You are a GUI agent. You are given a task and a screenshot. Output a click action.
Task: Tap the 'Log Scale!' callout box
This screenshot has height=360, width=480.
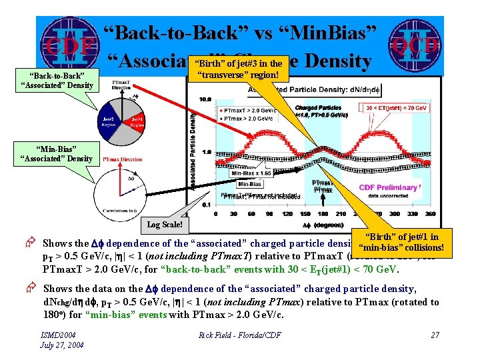165,225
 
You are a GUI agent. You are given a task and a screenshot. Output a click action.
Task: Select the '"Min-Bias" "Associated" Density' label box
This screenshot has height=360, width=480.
65,153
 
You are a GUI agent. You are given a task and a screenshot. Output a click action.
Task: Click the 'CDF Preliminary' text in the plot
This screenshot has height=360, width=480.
387,187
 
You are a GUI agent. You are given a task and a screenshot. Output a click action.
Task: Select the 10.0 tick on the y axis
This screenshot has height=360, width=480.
207,99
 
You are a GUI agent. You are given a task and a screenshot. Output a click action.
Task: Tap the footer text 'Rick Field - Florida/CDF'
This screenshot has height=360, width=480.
239,335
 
